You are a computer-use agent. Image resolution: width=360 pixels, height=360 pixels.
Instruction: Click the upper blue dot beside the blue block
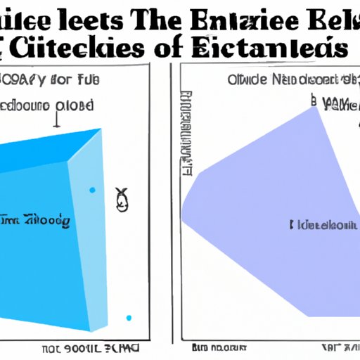[92, 190]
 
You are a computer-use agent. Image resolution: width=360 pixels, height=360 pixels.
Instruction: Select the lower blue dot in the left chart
[129, 318]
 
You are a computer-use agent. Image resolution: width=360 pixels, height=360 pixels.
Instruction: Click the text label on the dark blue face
[35, 220]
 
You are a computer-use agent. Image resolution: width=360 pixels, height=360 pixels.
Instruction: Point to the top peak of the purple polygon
[312, 108]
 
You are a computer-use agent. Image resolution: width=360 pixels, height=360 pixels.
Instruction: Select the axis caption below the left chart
[91, 348]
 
